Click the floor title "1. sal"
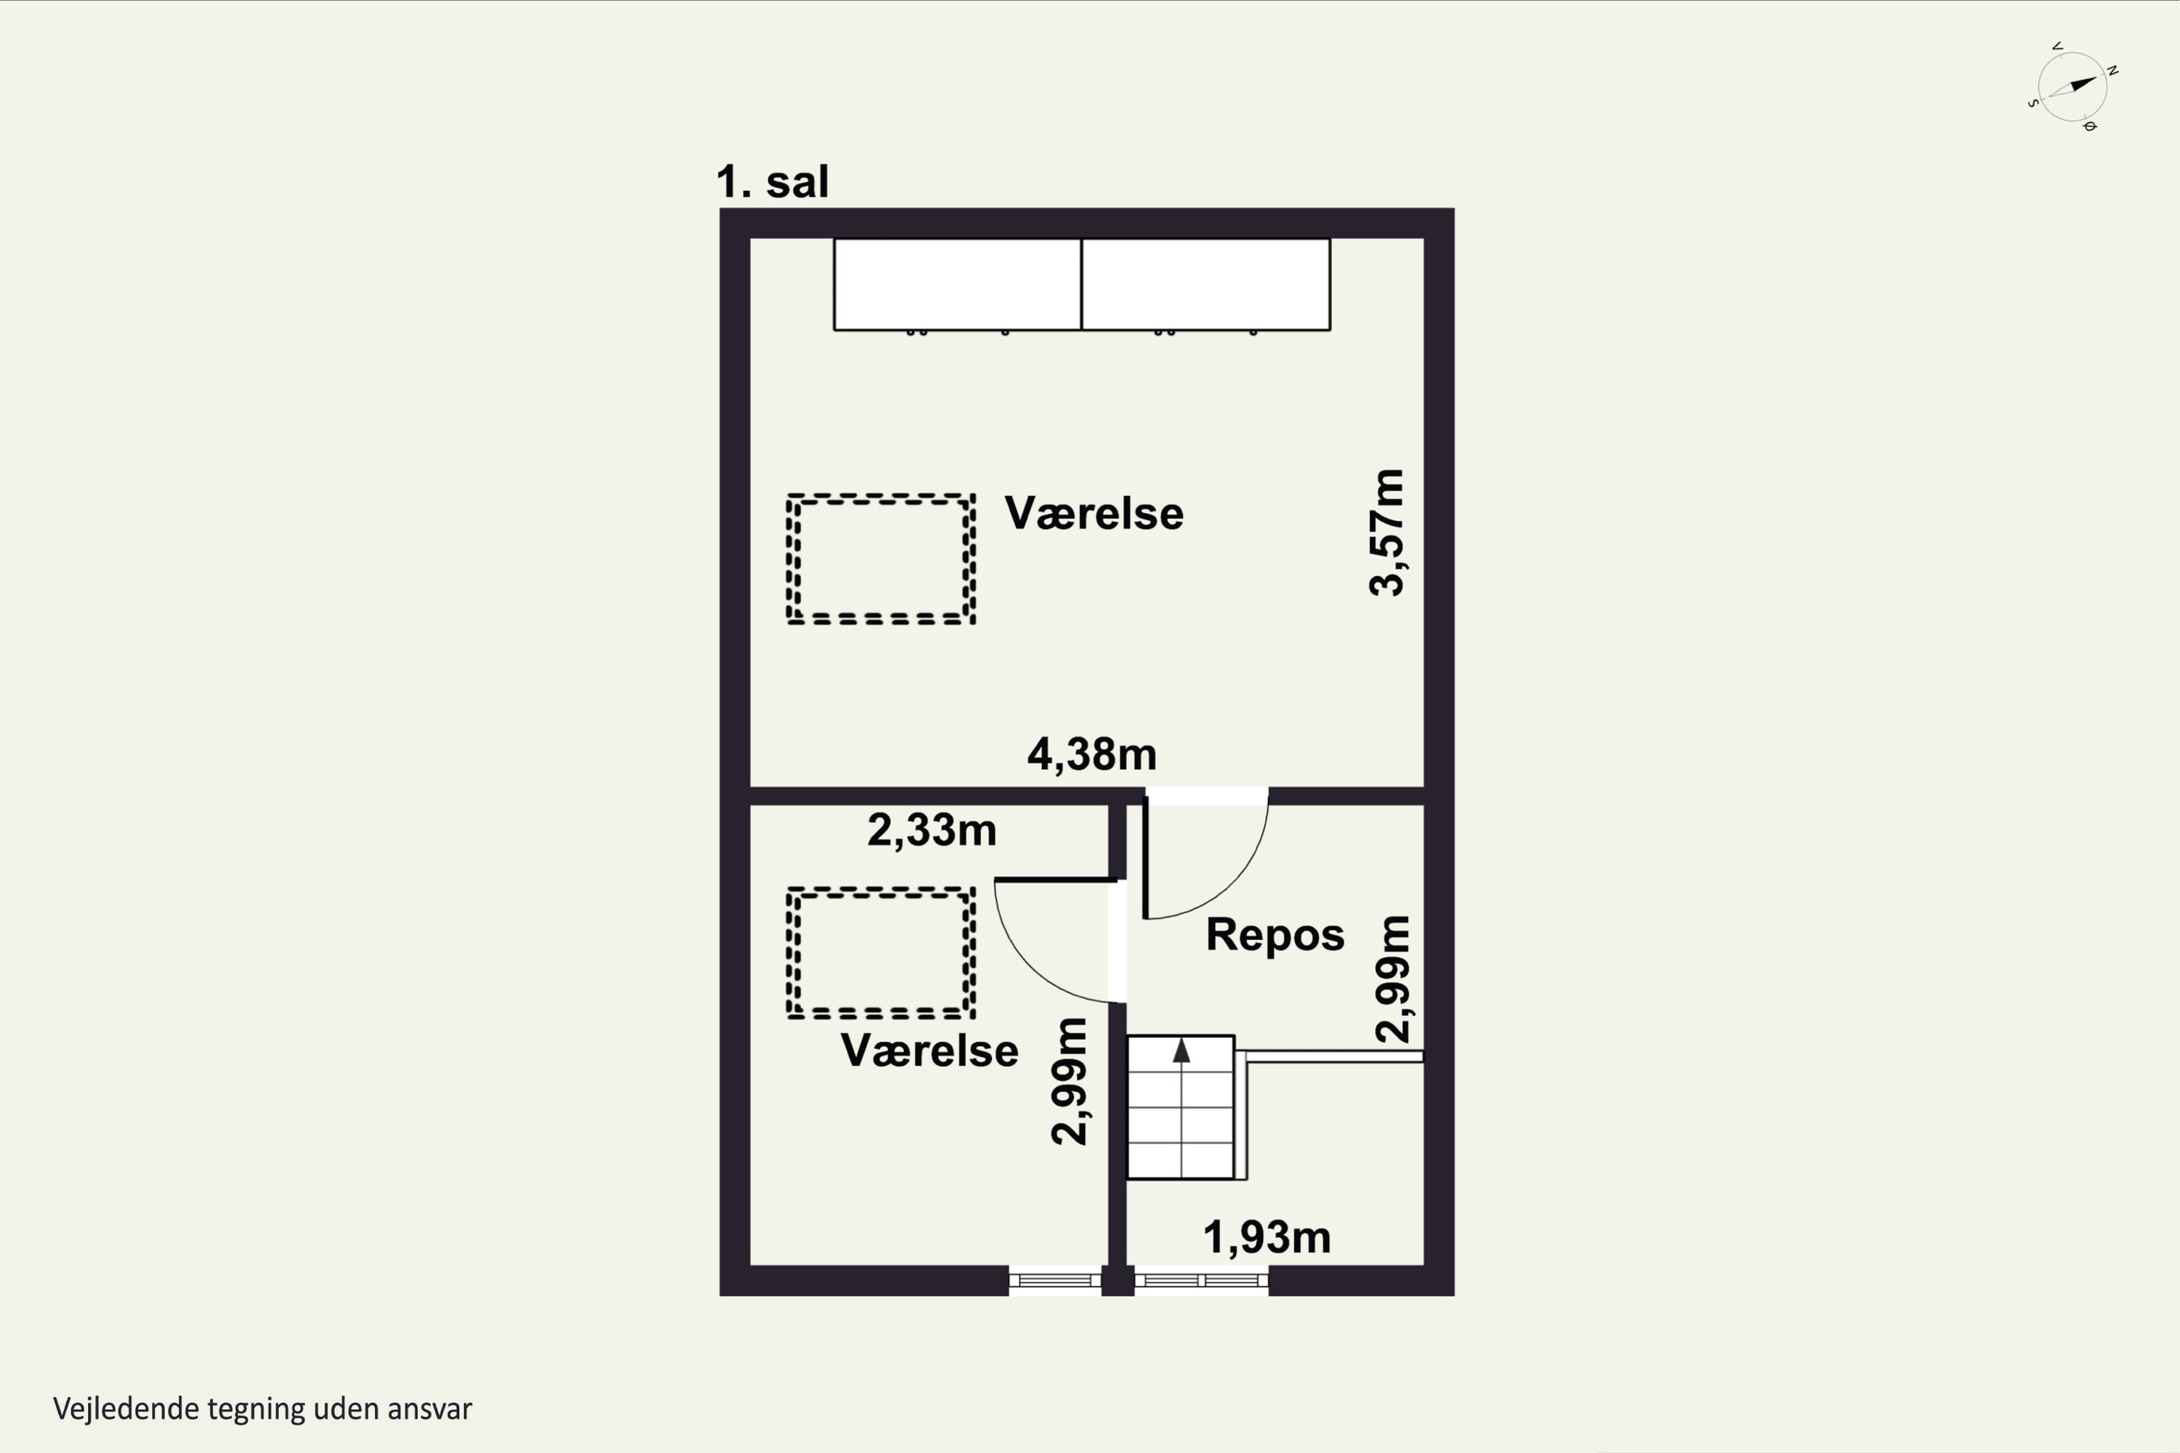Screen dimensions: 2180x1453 tap(772, 182)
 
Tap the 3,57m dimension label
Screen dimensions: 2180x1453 tap(1386, 532)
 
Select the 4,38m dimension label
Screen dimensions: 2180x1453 tap(1092, 754)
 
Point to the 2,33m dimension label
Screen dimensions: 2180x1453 tap(932, 830)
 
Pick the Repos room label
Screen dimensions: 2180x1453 tap(1275, 935)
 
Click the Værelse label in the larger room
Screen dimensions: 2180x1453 tap(1094, 514)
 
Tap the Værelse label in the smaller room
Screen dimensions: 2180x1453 tap(929, 1051)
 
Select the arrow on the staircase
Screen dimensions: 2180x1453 tap(1181, 1050)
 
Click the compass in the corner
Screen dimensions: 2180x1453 tap(2072, 87)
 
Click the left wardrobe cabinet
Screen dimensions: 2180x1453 tap(958, 285)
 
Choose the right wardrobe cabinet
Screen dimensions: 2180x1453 tap(1206, 285)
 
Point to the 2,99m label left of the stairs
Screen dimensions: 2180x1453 tap(1069, 1082)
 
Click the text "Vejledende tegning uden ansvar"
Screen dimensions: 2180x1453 tap(262, 1409)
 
